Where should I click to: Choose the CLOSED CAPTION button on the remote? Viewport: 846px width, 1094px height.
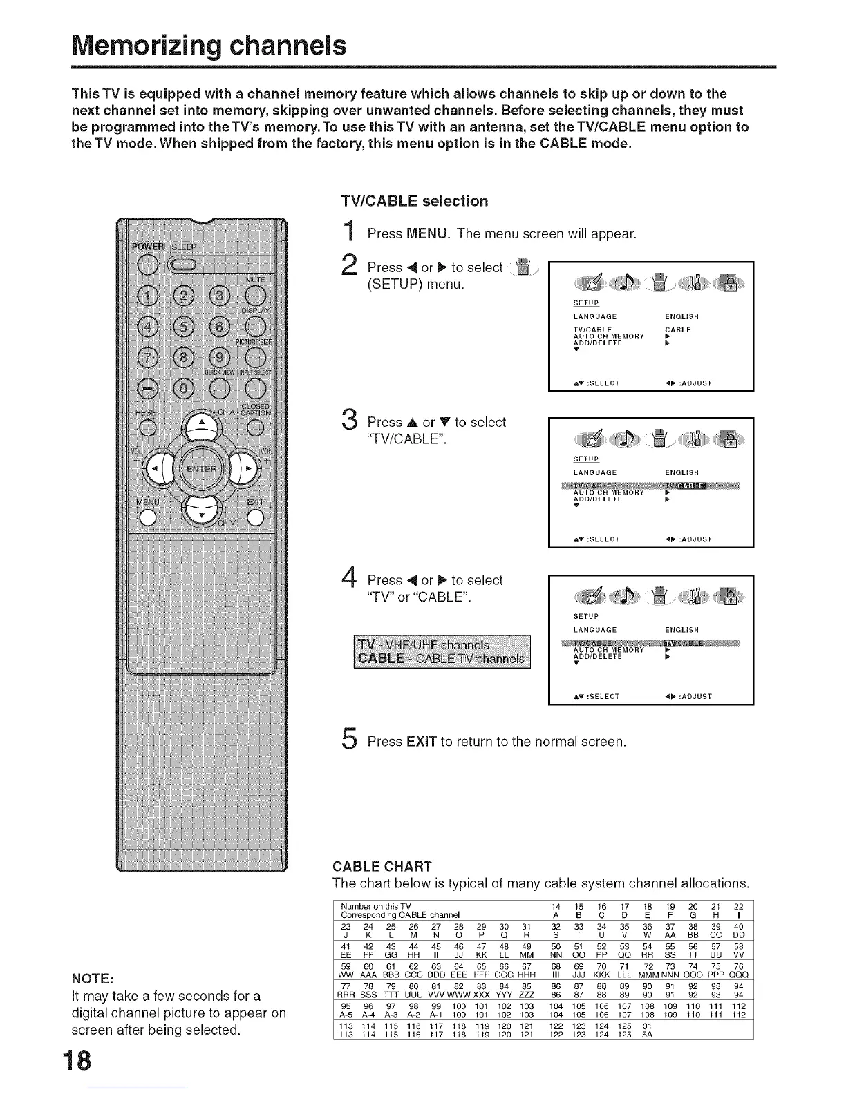(255, 426)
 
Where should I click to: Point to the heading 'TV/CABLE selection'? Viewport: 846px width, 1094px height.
(415, 201)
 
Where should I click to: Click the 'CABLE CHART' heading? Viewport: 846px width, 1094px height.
(382, 867)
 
